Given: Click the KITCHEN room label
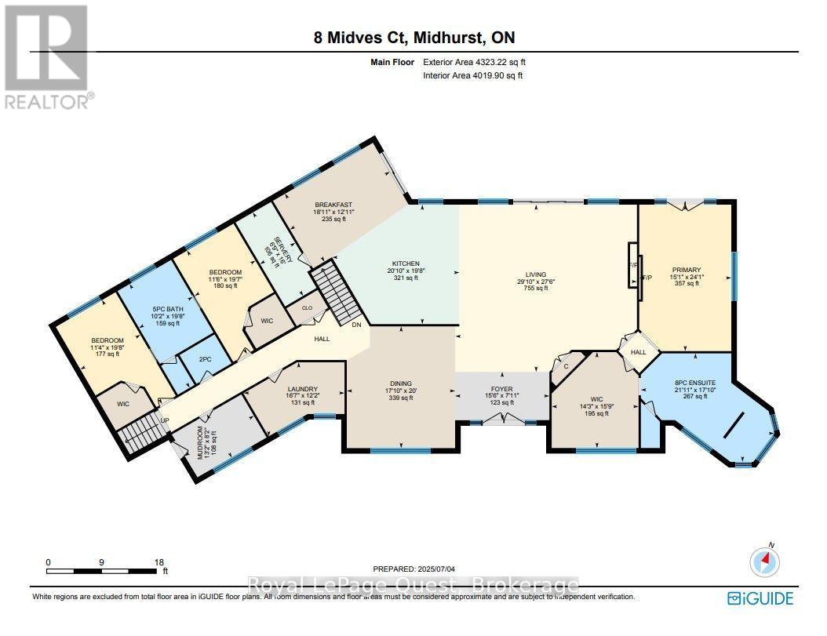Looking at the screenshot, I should (406, 264).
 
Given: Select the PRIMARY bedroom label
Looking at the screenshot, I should (687, 269).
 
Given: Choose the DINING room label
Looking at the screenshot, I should (399, 383).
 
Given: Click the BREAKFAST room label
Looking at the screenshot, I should (329, 205).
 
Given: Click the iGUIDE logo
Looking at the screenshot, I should (760, 598).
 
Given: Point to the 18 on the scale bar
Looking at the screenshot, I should (160, 562).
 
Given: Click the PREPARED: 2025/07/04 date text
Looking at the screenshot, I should (414, 569).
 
